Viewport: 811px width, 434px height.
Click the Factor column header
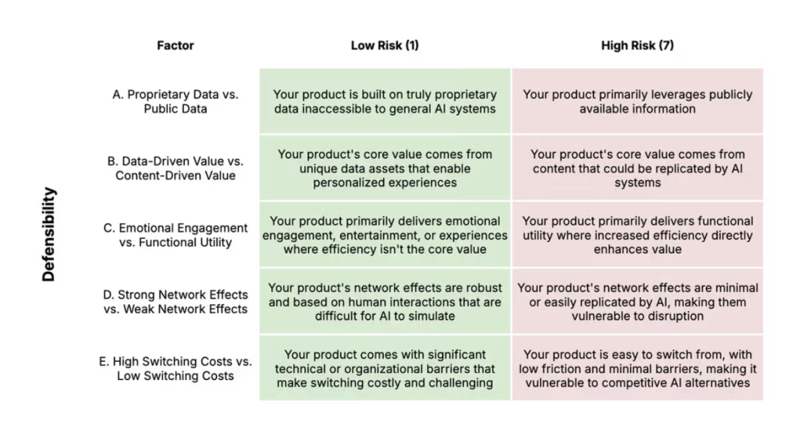click(x=175, y=46)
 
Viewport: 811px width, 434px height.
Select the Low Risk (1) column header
click(x=384, y=46)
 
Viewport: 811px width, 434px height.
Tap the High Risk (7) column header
click(x=638, y=46)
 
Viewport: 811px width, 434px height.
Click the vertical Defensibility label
click(x=49, y=234)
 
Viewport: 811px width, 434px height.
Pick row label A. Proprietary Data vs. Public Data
click(x=175, y=101)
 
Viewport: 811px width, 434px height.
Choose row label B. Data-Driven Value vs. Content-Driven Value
click(x=175, y=168)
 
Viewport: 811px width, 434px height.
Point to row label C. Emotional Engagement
click(x=175, y=235)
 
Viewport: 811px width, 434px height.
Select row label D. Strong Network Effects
click(x=175, y=302)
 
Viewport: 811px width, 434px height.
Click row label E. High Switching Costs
click(x=175, y=369)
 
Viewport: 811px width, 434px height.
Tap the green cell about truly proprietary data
click(x=384, y=101)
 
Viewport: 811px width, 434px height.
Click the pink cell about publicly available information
click(x=638, y=101)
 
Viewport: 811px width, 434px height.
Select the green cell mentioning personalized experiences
click(x=384, y=168)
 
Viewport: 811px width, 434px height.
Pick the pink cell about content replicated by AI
click(x=638, y=168)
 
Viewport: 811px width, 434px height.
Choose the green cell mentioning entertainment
click(x=384, y=235)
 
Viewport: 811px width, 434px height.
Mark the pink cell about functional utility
click(x=638, y=235)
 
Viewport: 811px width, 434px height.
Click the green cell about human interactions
click(x=384, y=302)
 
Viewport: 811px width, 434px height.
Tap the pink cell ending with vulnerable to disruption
click(x=638, y=302)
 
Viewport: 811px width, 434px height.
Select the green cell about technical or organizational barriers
click(x=384, y=369)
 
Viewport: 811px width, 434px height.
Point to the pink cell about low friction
click(x=638, y=369)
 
